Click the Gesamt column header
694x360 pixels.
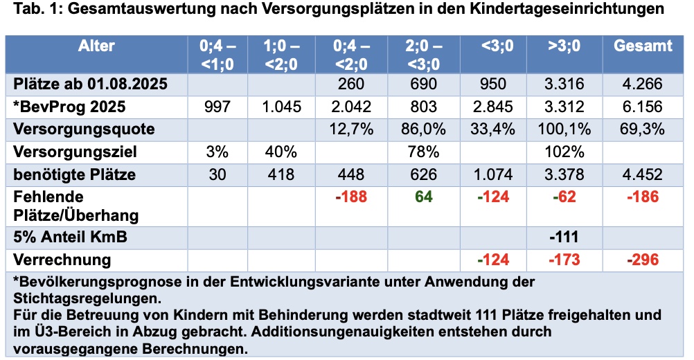pyautogui.click(x=643, y=46)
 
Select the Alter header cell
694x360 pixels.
pyautogui.click(x=96, y=46)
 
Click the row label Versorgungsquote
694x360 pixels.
pyautogui.click(x=84, y=129)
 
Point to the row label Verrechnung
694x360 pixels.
pyautogui.click(x=62, y=260)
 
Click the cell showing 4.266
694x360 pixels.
pyautogui.click(x=643, y=85)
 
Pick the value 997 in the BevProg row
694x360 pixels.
pyautogui.click(x=217, y=107)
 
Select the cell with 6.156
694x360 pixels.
pyautogui.click(x=643, y=107)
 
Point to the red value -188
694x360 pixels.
pyautogui.click(x=350, y=197)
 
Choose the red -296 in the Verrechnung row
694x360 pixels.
pyautogui.click(x=643, y=260)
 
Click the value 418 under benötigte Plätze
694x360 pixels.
pyautogui.click(x=281, y=174)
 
